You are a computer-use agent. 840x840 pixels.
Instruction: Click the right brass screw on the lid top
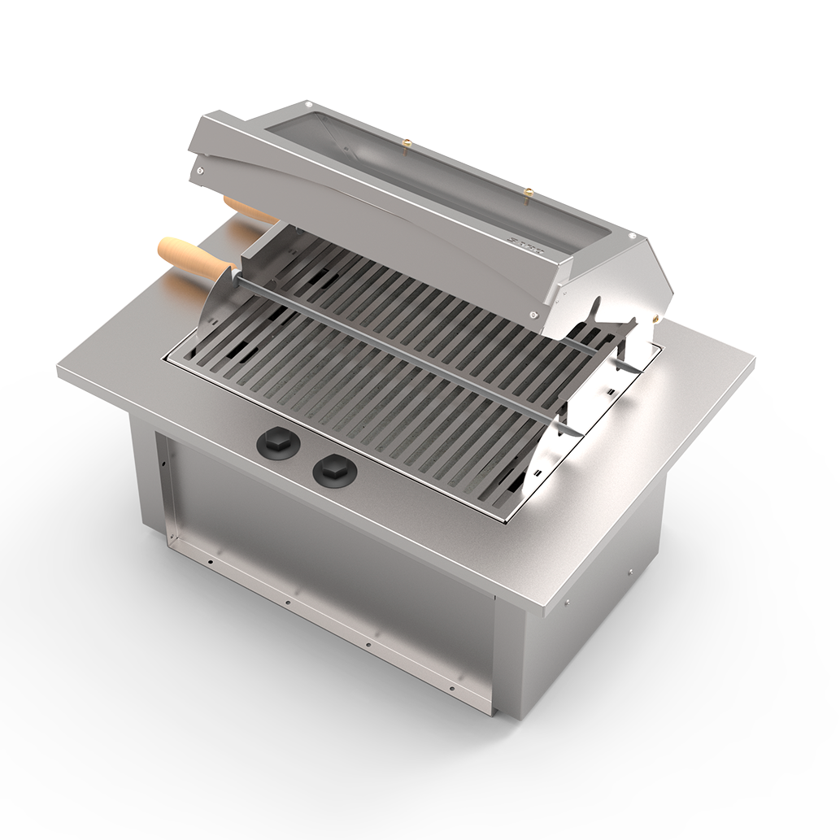click(529, 194)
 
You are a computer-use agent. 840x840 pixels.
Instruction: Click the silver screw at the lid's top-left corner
click(308, 106)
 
